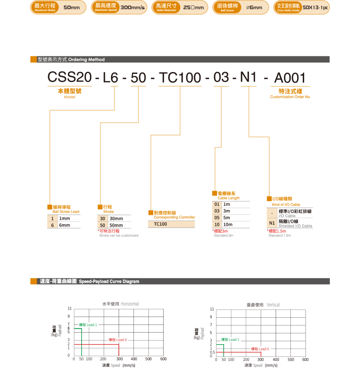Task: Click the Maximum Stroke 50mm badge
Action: click(58, 7)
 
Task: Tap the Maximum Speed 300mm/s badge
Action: click(119, 7)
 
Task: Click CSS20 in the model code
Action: click(69, 78)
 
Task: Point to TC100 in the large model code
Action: click(180, 78)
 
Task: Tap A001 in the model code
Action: click(290, 78)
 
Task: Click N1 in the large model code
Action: click(248, 78)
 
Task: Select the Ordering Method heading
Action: click(71, 59)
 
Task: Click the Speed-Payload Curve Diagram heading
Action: click(89, 281)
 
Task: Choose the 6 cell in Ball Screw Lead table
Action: click(53, 225)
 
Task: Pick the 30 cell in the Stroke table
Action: click(103, 218)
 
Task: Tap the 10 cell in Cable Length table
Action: click(217, 225)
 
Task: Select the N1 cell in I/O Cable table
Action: click(272, 223)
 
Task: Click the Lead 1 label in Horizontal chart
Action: click(88, 325)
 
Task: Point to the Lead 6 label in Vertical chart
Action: click(260, 349)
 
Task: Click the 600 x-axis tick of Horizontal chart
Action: click(163, 359)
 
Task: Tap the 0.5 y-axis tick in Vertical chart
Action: click(212, 352)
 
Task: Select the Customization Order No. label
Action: click(290, 97)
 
